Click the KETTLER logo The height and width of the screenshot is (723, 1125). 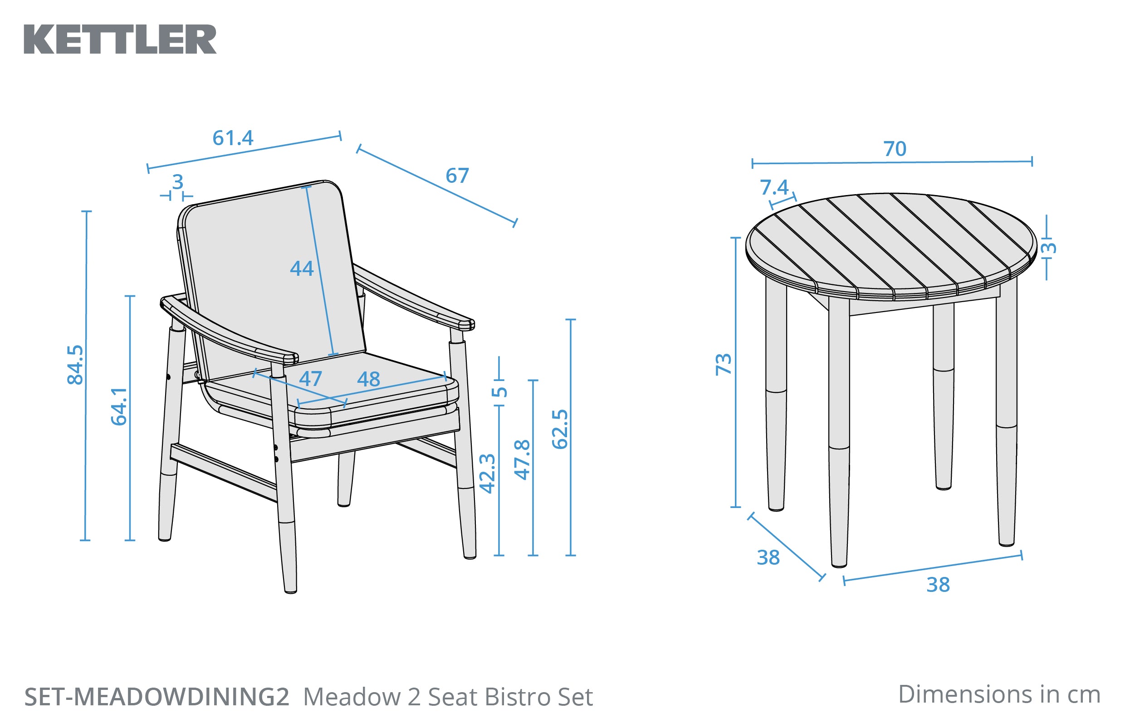click(120, 39)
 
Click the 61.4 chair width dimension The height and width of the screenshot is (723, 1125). click(233, 138)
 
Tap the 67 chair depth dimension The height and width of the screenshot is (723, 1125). click(457, 176)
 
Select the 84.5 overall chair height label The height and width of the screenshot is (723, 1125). click(75, 365)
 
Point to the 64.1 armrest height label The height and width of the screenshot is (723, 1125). click(119, 406)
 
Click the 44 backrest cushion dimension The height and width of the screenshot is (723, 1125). click(302, 269)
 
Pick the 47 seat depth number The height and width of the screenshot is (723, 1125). click(310, 379)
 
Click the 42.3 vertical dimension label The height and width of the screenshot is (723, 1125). click(487, 473)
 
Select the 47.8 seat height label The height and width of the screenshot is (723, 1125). click(522, 459)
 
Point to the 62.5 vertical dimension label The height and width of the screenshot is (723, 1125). click(560, 429)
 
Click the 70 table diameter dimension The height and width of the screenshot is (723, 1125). click(895, 149)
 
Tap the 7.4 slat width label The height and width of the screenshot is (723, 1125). click(774, 188)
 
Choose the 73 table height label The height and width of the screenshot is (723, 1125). click(723, 364)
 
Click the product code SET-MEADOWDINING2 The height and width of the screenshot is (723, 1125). click(157, 697)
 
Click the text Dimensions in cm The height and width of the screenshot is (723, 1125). click(999, 694)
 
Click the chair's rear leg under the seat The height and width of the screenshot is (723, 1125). click(345, 479)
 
